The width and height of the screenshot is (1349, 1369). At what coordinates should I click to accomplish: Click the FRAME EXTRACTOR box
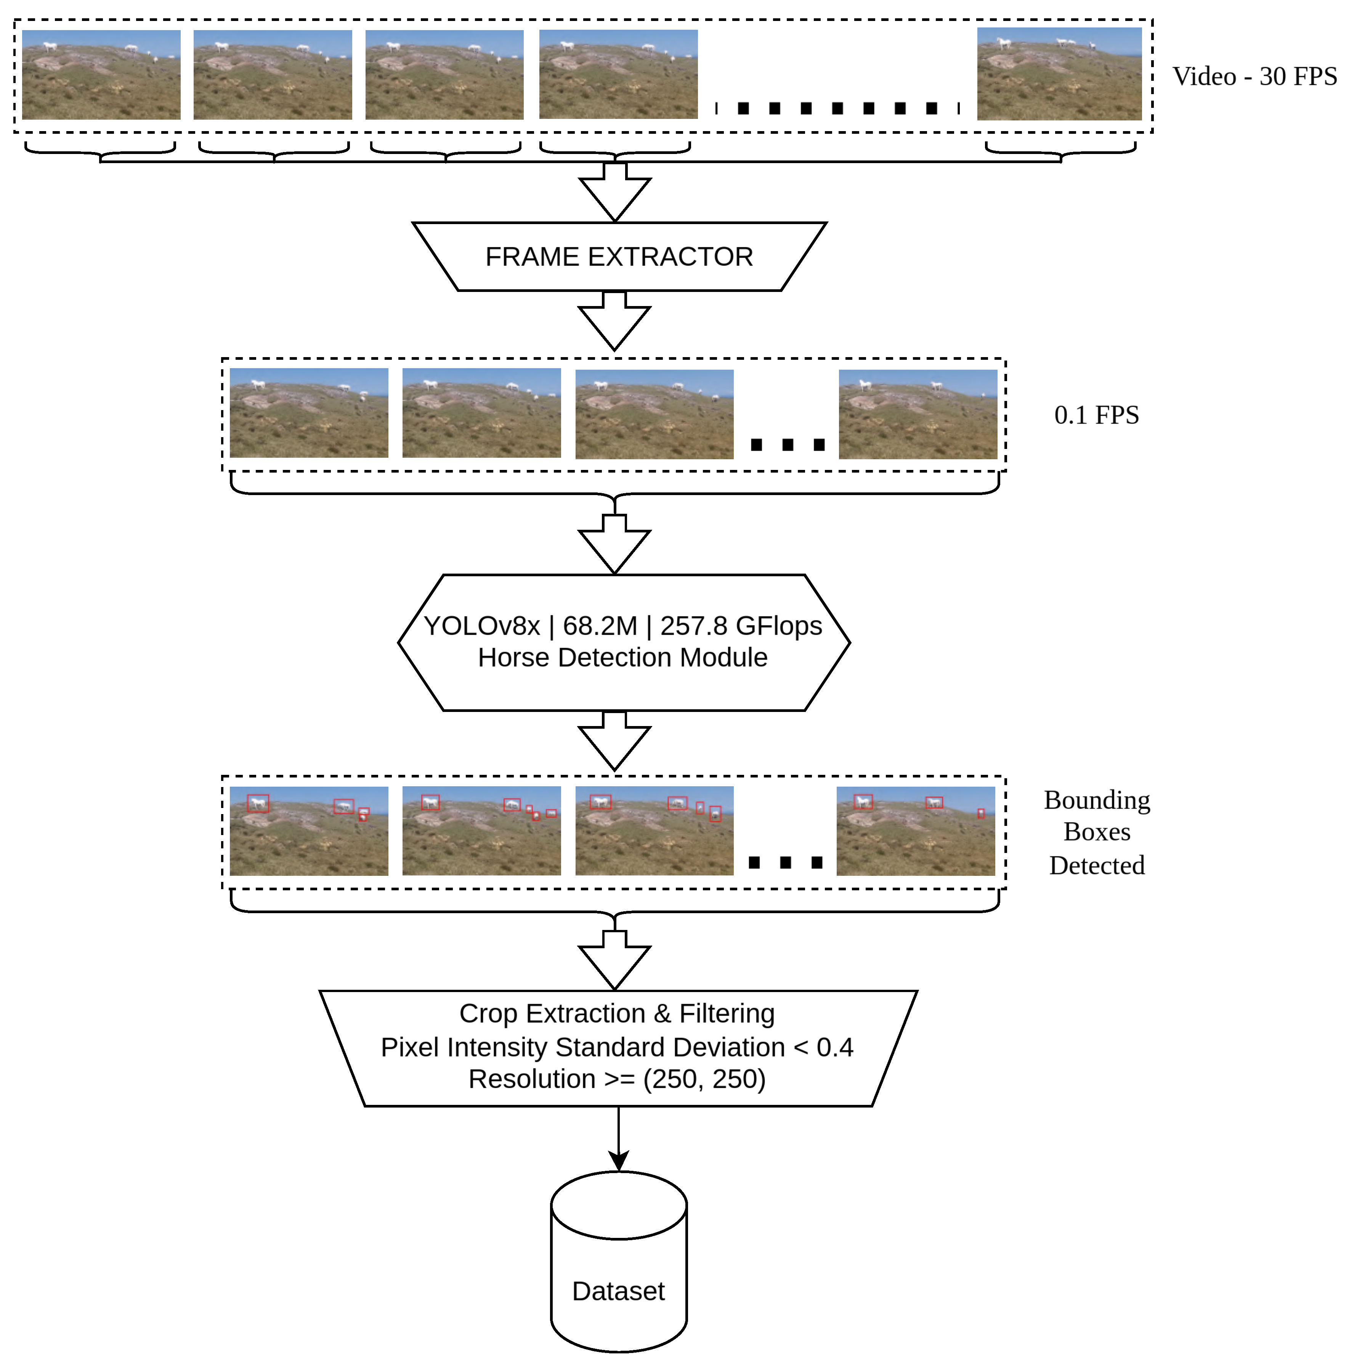(x=619, y=256)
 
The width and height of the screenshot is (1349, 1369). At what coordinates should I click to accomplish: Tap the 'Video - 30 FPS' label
(x=1254, y=77)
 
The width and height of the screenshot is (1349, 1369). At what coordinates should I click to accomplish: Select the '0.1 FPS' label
(x=1096, y=415)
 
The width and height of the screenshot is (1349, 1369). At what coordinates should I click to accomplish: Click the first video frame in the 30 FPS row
(x=101, y=74)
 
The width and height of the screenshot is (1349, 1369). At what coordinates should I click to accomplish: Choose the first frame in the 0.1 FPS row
(x=309, y=413)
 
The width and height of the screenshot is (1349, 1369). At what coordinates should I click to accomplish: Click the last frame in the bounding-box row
(x=915, y=831)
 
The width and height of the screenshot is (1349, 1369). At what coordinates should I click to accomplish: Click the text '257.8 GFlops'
(x=741, y=626)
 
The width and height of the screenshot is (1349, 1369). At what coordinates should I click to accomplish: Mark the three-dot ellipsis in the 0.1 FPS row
(x=787, y=445)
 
